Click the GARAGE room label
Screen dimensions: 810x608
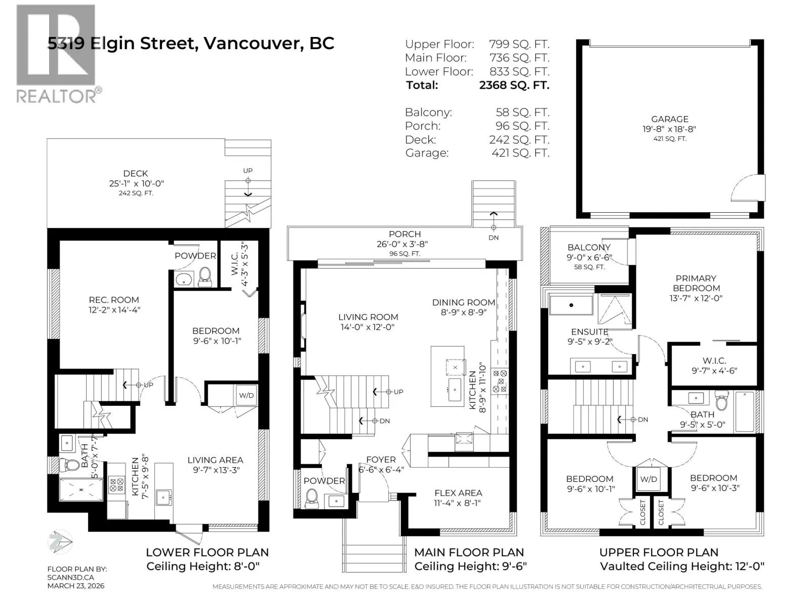click(x=669, y=119)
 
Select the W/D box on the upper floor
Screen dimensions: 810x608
click(x=649, y=479)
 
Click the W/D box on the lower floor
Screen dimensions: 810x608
click(x=246, y=395)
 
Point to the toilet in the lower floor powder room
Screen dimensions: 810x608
click(x=205, y=277)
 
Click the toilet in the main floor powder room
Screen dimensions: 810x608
click(x=312, y=499)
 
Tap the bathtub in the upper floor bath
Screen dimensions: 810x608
click(x=745, y=411)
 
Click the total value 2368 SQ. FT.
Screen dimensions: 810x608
click(x=514, y=85)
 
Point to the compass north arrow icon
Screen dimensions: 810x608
click(x=60, y=541)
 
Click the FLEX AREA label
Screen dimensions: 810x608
click(x=458, y=493)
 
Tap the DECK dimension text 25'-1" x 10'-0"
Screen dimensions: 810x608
click(x=136, y=183)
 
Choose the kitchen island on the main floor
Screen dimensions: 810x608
click(x=447, y=376)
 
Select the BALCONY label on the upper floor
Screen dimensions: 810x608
click(x=589, y=247)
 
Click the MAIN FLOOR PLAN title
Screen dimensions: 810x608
click(x=469, y=552)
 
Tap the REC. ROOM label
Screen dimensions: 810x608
click(x=114, y=300)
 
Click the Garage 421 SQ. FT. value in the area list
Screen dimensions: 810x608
click(x=520, y=153)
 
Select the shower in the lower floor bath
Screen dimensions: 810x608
click(x=81, y=489)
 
